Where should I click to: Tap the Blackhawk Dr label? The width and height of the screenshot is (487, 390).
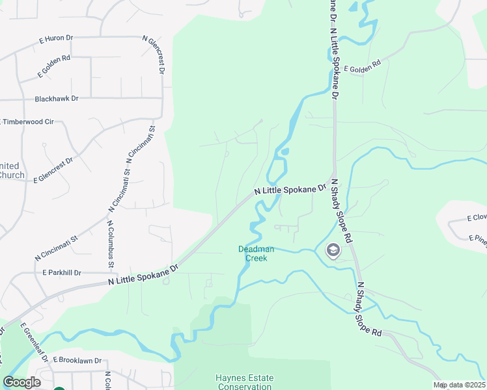point(57,98)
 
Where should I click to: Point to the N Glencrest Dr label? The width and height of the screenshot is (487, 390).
point(156,55)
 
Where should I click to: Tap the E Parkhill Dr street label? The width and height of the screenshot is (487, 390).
point(62,273)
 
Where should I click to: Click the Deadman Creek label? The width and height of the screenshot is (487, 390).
point(256,253)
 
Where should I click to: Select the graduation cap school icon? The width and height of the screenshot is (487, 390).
point(333,250)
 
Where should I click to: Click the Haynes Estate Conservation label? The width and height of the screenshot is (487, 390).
point(245,382)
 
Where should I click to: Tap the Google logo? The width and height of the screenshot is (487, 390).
point(22,382)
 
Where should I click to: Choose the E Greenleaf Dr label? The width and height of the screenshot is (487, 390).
point(35,341)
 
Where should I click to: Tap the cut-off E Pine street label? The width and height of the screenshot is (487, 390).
point(478,239)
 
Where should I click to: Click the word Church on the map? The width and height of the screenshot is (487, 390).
point(12,175)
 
